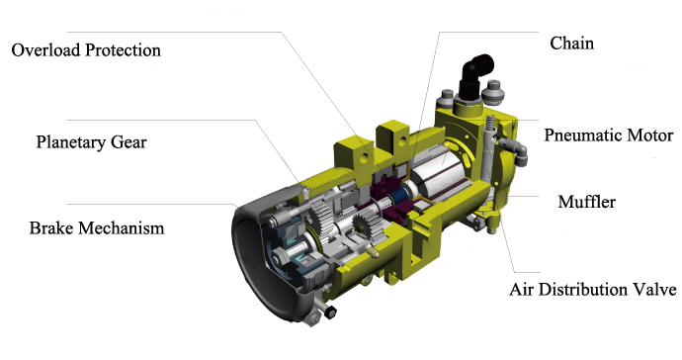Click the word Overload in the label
(46, 50)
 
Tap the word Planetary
(71, 142)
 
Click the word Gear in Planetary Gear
(128, 142)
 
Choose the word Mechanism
(121, 228)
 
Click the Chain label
(572, 44)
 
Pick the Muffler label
(587, 202)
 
